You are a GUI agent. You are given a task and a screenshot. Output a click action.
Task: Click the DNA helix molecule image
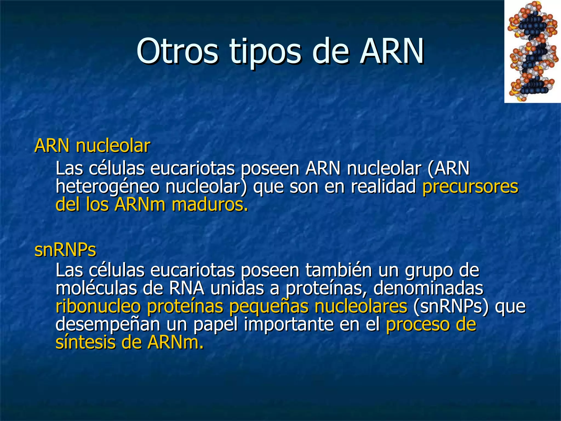pyautogui.click(x=533, y=51)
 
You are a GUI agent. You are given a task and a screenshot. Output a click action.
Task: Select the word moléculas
pyautogui.click(x=96, y=288)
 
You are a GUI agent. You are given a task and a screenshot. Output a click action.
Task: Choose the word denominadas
pyautogui.click(x=428, y=288)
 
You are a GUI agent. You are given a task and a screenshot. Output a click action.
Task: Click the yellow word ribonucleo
pyautogui.click(x=98, y=306)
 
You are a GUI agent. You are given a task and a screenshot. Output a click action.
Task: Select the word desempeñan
pyautogui.click(x=108, y=325)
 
